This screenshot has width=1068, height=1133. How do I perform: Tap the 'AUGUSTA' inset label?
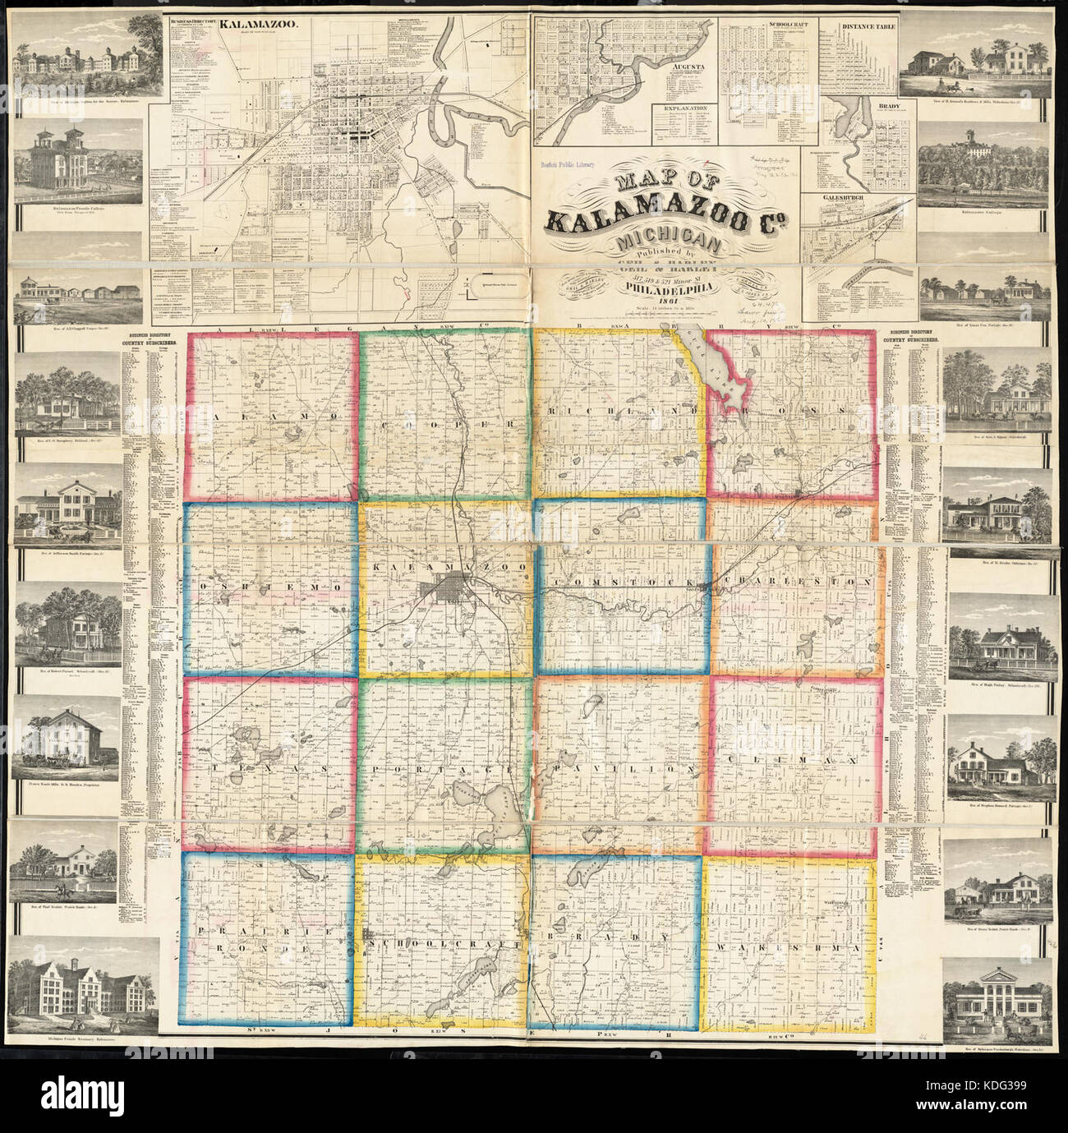pos(679,86)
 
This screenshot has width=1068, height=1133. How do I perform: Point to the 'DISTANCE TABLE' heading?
pos(868,25)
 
